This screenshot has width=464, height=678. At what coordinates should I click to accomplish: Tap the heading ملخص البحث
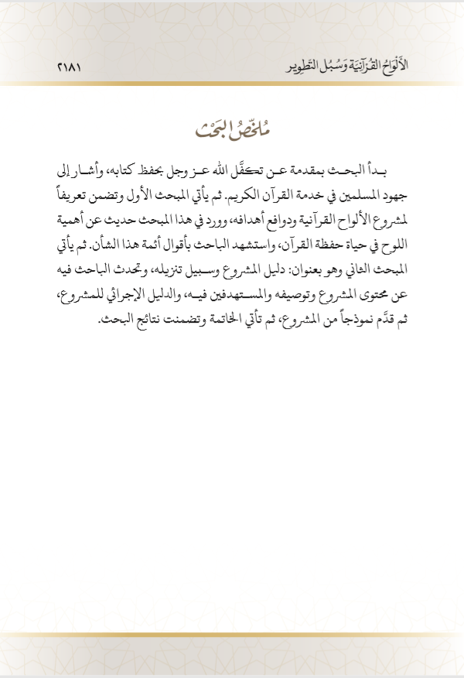point(232,127)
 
